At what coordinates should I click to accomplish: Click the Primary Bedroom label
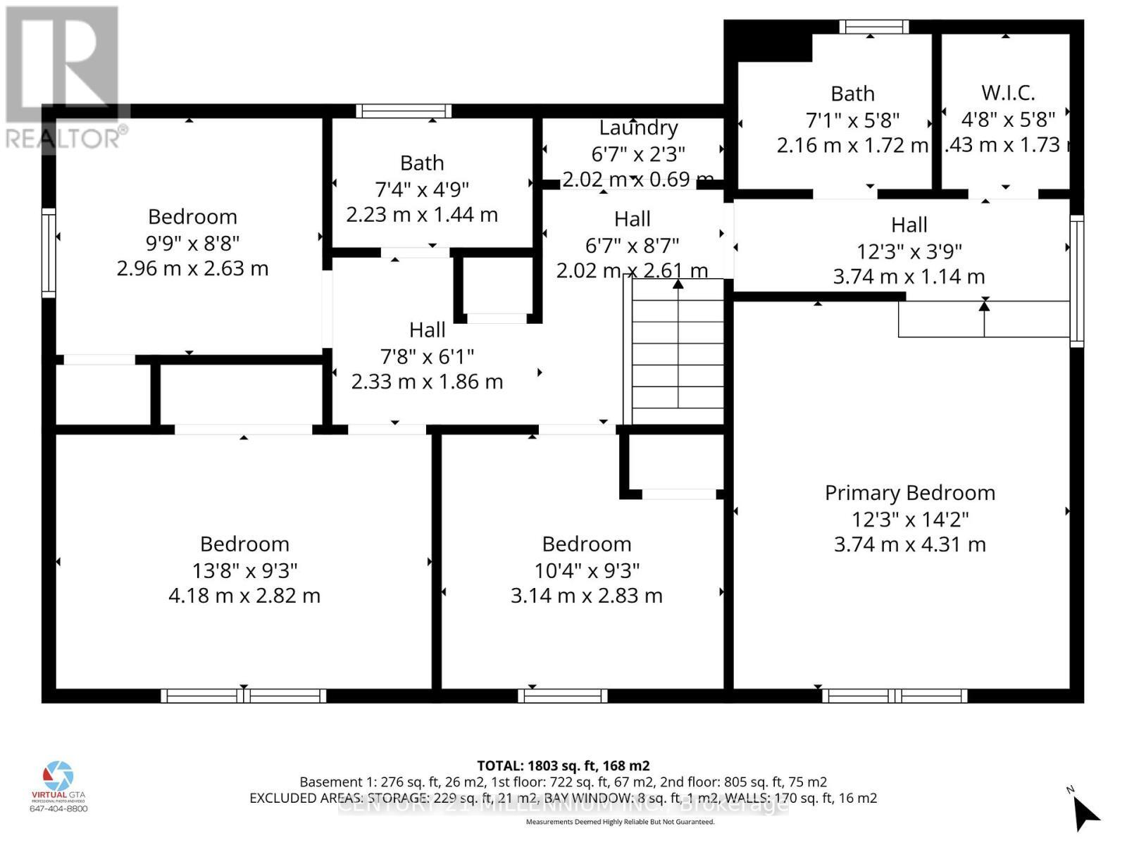point(909,493)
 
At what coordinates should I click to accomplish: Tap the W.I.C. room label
point(1008,93)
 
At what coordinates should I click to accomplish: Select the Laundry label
point(638,127)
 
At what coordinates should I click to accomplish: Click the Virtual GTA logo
point(58,777)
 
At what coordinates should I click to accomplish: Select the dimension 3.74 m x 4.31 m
point(909,544)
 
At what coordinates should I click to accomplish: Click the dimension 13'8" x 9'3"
point(244,570)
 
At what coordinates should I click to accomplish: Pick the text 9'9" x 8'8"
point(192,243)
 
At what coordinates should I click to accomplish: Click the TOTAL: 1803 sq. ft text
point(563,765)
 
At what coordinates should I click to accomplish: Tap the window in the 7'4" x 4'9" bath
point(404,111)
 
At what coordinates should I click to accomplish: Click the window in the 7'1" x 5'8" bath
point(873,27)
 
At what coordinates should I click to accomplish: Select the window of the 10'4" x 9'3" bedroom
point(562,696)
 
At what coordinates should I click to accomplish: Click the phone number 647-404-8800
point(58,808)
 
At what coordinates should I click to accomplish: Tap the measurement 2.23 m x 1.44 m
point(421,215)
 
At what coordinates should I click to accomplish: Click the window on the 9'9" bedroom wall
point(49,253)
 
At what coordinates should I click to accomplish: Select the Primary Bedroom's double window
point(895,696)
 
